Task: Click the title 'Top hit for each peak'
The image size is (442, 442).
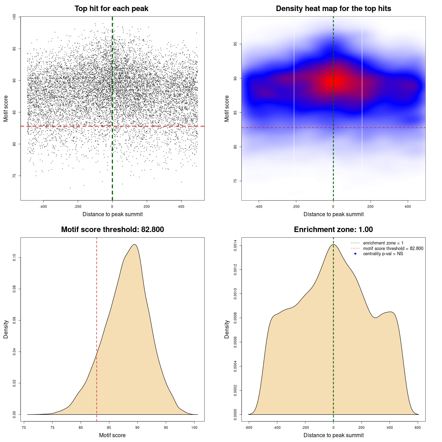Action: tap(111, 9)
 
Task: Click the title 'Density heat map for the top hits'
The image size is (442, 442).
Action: tap(333, 9)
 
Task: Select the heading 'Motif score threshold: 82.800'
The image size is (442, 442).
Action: tap(112, 230)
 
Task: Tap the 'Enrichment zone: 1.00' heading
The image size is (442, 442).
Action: tap(333, 230)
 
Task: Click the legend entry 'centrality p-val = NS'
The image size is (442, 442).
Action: tap(383, 254)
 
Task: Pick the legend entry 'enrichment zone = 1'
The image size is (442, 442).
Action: tap(383, 243)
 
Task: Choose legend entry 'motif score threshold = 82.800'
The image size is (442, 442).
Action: tap(393, 248)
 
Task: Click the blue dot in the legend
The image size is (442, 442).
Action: tap(355, 254)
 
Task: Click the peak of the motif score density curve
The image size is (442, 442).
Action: tap(134, 244)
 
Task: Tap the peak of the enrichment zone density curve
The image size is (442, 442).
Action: tap(333, 244)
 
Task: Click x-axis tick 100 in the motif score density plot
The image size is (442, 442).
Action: tap(194, 427)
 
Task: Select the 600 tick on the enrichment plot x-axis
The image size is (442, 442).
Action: tap(418, 427)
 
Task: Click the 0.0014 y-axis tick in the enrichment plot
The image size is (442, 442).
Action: tap(236, 246)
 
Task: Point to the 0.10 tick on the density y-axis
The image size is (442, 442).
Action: tap(15, 258)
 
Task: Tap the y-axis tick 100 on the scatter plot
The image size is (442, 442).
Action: tap(15, 17)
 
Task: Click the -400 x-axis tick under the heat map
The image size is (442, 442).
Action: tap(259, 206)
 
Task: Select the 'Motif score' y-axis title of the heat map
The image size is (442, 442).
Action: tap(227, 108)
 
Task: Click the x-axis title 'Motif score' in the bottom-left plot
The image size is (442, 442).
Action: tap(112, 435)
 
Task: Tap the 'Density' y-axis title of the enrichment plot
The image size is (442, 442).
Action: tap(227, 329)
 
